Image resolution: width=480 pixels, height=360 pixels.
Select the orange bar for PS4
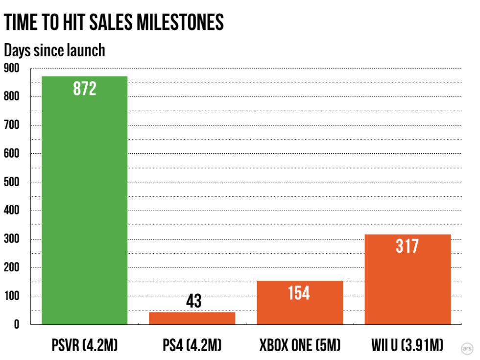[192, 318]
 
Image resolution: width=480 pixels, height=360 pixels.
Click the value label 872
[85, 89]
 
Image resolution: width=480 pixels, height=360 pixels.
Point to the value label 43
[194, 301]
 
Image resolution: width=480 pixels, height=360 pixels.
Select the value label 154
[299, 293]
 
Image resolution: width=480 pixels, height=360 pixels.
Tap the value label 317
[407, 245]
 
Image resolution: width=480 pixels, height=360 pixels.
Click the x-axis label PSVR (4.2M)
[85, 346]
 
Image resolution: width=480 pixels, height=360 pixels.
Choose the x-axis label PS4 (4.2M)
[192, 346]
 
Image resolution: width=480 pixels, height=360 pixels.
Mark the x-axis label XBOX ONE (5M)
[300, 346]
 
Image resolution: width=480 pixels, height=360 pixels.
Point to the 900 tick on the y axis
[12, 68]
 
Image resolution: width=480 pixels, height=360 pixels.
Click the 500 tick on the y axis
[12, 182]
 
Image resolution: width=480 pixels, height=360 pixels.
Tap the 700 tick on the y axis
[12, 125]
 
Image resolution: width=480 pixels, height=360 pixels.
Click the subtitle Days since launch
[54, 49]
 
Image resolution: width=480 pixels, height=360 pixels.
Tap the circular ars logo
[467, 348]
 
